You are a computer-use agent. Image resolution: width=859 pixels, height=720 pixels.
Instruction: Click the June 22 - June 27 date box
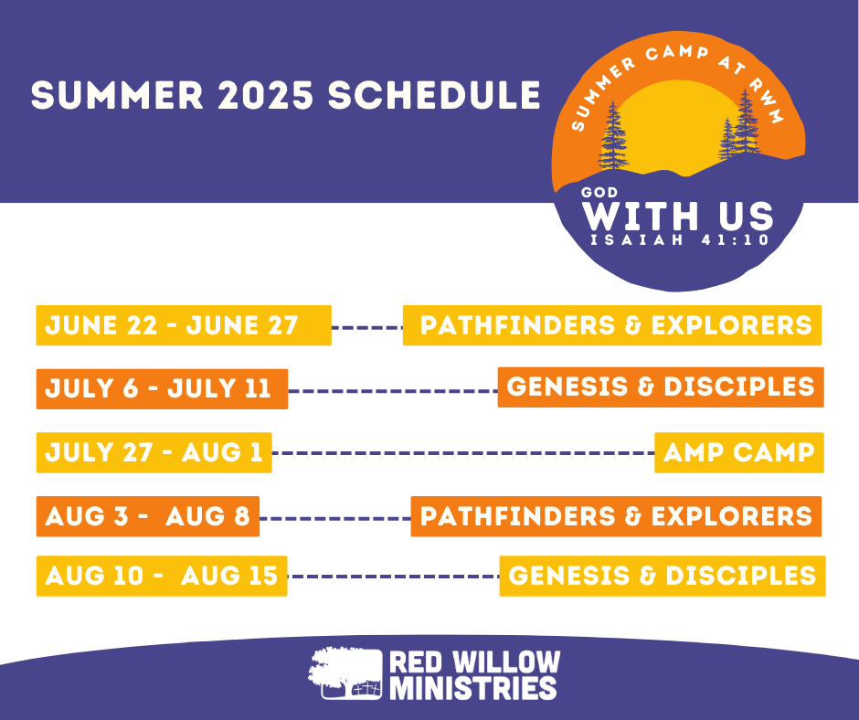[184, 325]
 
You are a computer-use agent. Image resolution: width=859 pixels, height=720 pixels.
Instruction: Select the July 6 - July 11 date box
[162, 389]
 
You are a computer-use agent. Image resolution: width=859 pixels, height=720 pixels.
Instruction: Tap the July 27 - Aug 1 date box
[154, 452]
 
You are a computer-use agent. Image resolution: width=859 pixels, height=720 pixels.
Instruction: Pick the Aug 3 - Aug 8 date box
[148, 516]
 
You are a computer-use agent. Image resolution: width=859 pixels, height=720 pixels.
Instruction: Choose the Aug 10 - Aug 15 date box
[162, 576]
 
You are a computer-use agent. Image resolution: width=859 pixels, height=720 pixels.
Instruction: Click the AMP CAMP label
[739, 452]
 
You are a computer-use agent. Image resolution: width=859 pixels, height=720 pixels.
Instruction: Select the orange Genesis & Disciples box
[661, 387]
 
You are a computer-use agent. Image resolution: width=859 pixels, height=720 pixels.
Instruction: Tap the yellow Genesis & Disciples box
[663, 576]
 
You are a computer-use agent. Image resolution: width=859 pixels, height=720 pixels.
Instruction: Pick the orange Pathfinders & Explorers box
[616, 516]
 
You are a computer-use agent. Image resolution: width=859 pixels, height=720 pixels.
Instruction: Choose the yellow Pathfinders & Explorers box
[612, 325]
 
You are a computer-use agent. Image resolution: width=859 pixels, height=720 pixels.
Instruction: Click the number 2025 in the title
[266, 95]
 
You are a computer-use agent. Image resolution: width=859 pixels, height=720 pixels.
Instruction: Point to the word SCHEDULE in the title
[434, 95]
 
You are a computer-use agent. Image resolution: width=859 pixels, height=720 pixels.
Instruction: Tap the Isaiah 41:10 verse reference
[680, 240]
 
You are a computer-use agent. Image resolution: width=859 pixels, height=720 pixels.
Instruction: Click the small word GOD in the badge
[599, 192]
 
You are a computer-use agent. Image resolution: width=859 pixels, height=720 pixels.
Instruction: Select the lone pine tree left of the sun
[613, 135]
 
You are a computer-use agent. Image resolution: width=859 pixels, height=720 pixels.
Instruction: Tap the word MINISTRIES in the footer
[473, 688]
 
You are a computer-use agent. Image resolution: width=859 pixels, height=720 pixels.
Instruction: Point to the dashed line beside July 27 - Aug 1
[463, 453]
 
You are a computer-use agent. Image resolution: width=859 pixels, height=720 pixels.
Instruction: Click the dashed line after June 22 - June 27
[367, 328]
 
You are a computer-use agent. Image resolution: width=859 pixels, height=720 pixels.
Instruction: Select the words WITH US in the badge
[677, 216]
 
